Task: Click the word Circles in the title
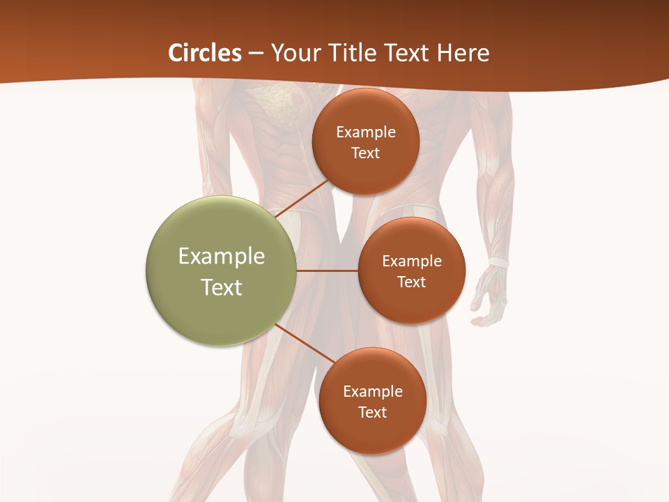pos(205,53)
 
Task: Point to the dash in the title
pos(255,54)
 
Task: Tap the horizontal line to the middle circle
pos(328,271)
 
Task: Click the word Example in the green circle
pos(222,257)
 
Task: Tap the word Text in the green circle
pos(222,287)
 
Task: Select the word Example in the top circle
pos(366,132)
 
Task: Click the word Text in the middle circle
pos(411,282)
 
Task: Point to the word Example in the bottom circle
pos(373,391)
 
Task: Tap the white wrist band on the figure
pos(498,264)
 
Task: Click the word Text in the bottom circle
pos(372,412)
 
